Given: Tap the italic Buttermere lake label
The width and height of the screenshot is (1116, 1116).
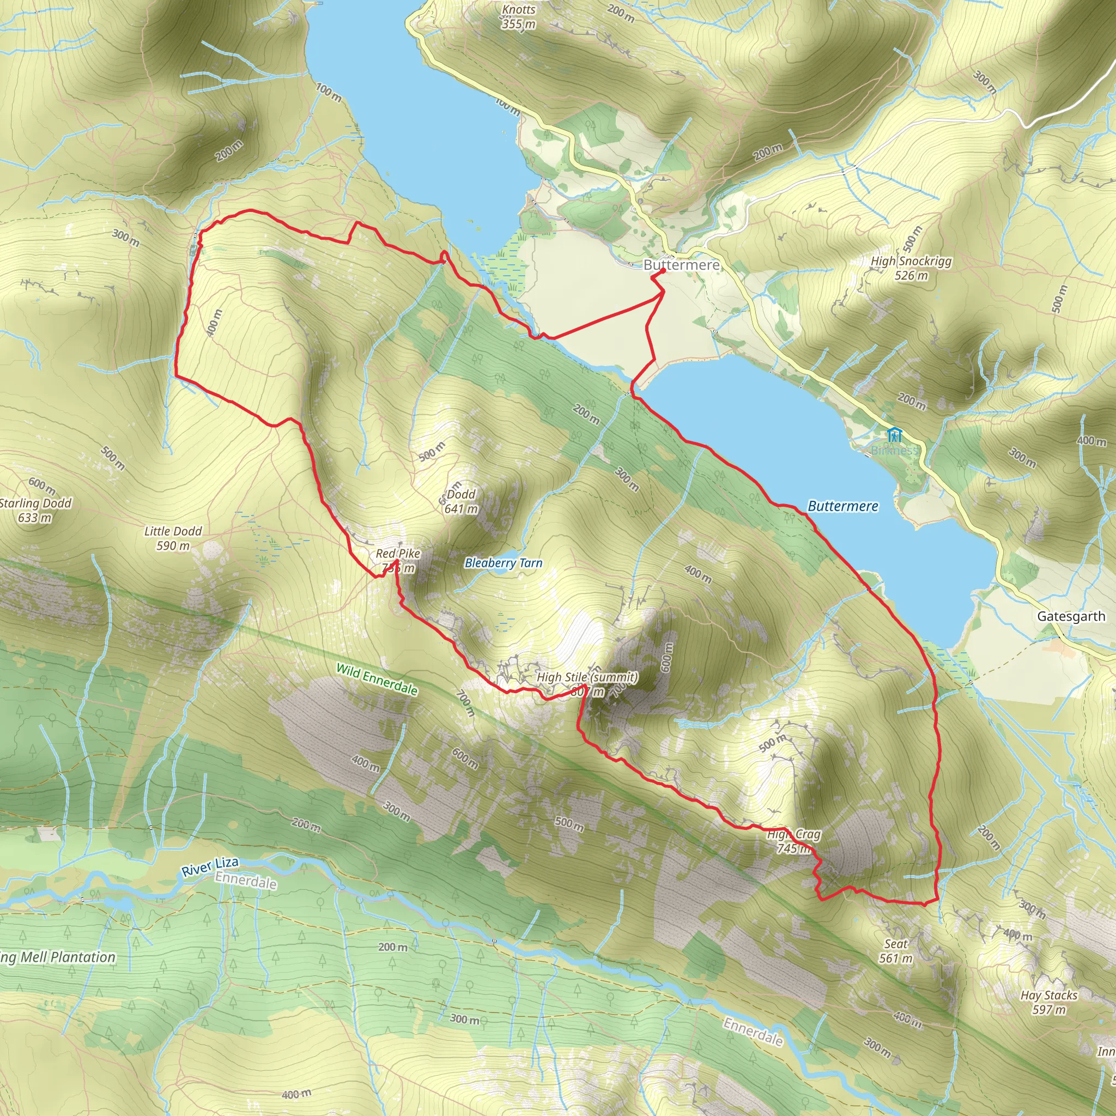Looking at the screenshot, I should point(842,506).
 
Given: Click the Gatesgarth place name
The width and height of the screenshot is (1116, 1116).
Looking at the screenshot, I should point(1070,616).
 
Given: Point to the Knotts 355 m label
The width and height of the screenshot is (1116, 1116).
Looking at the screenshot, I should point(518,17).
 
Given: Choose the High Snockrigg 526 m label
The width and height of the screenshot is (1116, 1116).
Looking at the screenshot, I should point(911,268).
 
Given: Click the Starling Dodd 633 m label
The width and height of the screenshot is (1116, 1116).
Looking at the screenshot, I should point(35,510).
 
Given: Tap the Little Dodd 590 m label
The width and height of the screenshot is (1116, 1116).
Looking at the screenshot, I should point(173,538).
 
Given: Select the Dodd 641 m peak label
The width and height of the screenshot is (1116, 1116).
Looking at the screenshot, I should point(460,501).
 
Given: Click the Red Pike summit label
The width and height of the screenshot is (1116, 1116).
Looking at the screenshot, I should point(398,560).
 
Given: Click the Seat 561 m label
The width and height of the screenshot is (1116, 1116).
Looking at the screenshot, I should point(895,951).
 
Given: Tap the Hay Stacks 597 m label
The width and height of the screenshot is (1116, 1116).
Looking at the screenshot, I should point(1048,1002).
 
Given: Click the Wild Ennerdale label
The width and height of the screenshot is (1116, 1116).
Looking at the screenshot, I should point(377,680).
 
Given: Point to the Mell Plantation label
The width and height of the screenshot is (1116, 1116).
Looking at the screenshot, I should point(58,957).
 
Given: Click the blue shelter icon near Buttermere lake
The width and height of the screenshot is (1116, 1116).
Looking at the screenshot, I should point(894,434).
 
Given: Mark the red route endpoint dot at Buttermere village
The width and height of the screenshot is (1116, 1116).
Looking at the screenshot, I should point(663,270).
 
